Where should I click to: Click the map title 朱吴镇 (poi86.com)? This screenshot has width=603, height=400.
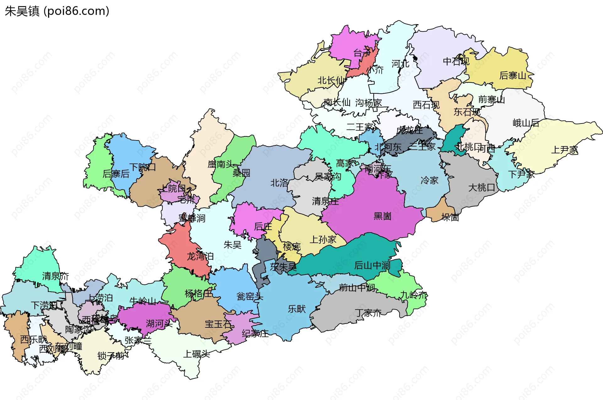(57, 11)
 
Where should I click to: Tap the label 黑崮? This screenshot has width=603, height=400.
(382, 216)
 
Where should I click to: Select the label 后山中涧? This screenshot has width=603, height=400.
(372, 266)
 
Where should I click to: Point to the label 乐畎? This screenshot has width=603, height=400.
(296, 309)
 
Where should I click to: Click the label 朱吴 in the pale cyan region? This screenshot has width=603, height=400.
(232, 244)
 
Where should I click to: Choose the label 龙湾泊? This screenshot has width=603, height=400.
(200, 256)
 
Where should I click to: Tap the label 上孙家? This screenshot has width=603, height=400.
(323, 240)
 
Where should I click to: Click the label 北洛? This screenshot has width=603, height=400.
(279, 183)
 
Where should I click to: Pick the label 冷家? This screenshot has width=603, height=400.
(429, 180)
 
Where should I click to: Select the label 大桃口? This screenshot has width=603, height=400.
(481, 188)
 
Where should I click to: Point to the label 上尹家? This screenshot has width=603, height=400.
(564, 150)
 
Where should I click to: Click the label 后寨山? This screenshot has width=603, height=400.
(513, 75)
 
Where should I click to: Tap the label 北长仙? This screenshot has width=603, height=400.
(330, 80)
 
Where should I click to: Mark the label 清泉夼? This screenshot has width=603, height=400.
(56, 276)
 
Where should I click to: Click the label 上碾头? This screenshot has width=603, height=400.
(196, 354)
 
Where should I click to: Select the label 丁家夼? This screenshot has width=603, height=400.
(368, 313)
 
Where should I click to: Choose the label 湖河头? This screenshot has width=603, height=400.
(159, 324)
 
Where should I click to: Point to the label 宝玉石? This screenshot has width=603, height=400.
(218, 324)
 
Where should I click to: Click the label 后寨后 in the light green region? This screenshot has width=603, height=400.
(116, 174)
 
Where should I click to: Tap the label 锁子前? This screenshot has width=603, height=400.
(111, 356)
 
